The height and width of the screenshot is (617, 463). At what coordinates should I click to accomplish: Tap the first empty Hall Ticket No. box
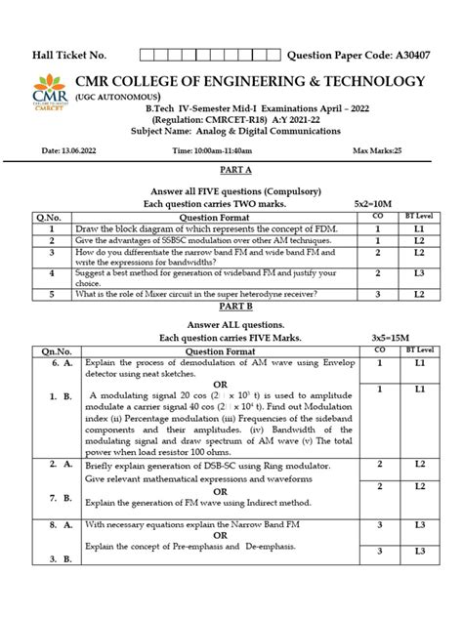[148, 55]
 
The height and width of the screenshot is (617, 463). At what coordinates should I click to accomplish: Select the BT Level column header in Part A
[419, 215]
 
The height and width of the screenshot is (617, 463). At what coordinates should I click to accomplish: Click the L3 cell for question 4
[419, 274]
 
